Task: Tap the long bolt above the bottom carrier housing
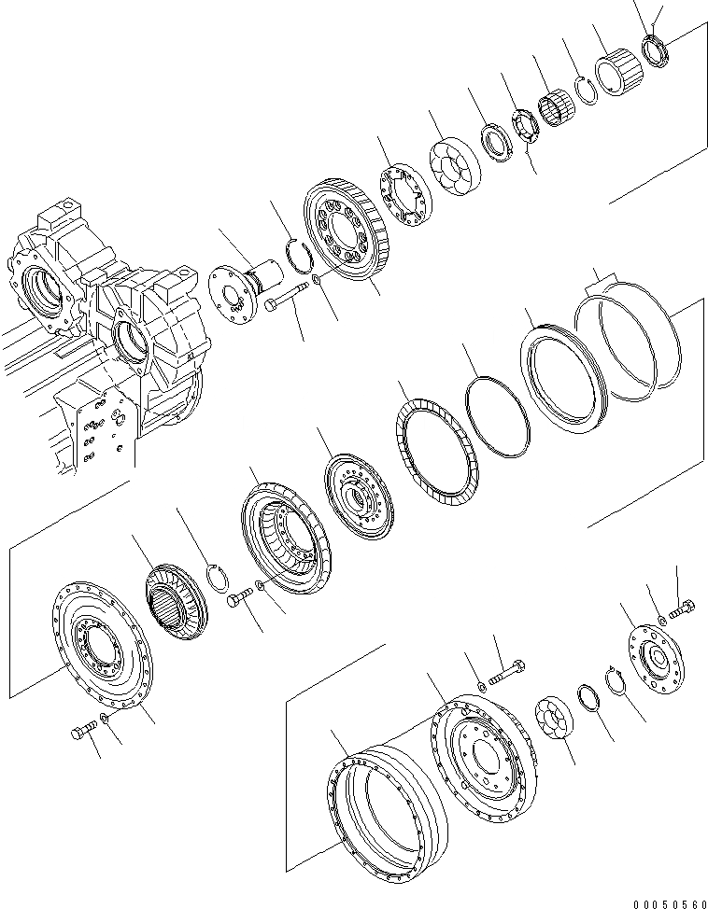click(505, 669)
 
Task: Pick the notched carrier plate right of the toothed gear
click(406, 195)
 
